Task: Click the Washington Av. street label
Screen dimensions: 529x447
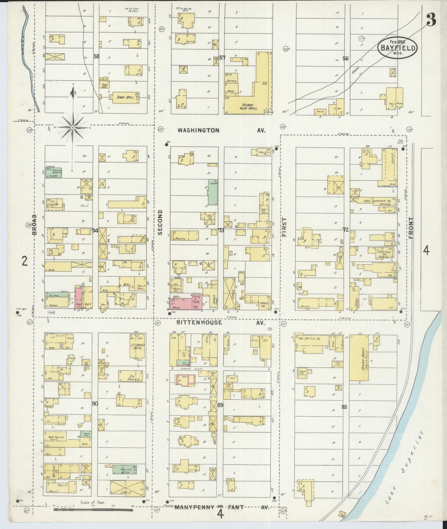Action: [x=221, y=131]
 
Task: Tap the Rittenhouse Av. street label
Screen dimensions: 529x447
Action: [x=221, y=323]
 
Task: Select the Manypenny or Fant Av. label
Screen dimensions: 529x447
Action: [x=221, y=507]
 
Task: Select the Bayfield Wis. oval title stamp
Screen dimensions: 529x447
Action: [x=398, y=47]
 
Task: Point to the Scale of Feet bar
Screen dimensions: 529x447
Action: [x=93, y=509]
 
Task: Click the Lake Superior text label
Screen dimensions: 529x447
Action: [x=408, y=458]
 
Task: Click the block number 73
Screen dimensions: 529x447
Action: [x=221, y=230]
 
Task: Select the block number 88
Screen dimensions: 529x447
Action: [x=344, y=407]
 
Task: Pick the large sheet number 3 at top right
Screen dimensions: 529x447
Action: [x=431, y=20]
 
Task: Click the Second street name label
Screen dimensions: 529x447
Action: [x=160, y=222]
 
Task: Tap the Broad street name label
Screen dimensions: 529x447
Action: [x=35, y=224]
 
